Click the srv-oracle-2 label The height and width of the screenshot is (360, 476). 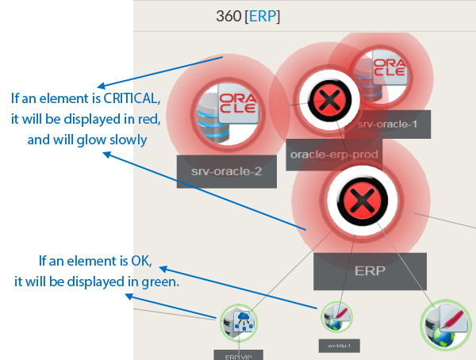[226, 170]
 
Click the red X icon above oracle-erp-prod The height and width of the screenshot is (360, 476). [328, 101]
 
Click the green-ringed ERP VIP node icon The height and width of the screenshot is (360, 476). [239, 324]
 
